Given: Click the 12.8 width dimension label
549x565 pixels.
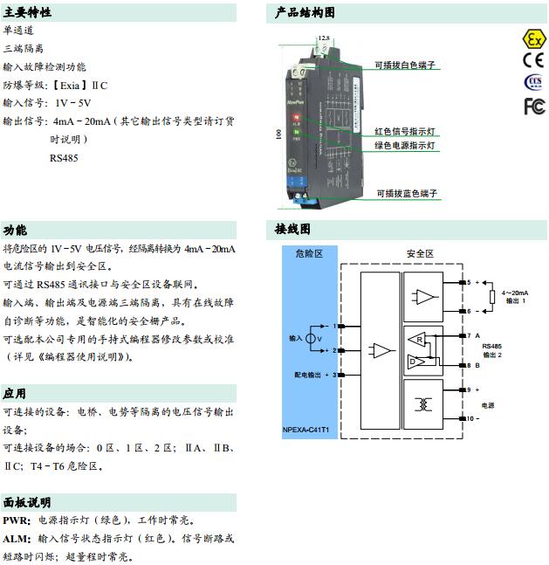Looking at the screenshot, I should coord(325,38).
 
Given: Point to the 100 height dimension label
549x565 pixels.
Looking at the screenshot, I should coord(278,136).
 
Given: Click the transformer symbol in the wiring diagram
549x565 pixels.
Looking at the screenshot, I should coord(425,404).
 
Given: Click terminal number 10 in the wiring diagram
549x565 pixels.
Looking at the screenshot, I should coord(469,419).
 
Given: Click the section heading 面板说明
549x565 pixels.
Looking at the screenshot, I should coord(27,502).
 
